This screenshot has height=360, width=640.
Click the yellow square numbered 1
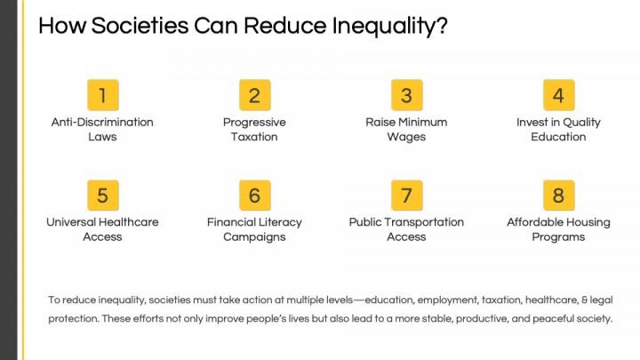tap(103, 95)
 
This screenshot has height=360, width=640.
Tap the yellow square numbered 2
tap(255, 95)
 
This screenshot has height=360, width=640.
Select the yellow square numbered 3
tap(406, 95)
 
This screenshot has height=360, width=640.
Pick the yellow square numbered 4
tap(558, 95)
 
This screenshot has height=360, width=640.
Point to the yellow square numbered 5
tap(103, 195)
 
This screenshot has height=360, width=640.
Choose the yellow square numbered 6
tap(255, 195)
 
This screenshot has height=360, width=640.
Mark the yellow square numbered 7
tap(406, 195)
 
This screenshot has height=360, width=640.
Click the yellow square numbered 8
tap(558, 195)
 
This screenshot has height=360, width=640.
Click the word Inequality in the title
tap(389, 27)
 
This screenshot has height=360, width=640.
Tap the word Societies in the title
tap(140, 26)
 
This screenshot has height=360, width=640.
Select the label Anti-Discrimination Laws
tap(102, 130)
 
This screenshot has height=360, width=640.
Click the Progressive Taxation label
tap(254, 130)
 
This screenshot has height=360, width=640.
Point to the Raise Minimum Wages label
tap(406, 130)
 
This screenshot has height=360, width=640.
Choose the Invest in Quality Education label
tap(558, 130)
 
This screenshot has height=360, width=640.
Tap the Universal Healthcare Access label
tap(102, 229)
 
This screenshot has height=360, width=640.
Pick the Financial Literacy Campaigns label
tap(254, 229)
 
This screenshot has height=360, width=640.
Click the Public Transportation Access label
tap(406, 229)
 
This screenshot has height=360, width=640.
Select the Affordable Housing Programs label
tap(558, 229)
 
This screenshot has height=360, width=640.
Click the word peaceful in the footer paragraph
tap(553, 319)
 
